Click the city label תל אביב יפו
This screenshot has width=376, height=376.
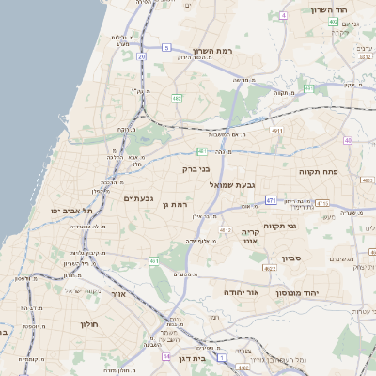pos(64,211)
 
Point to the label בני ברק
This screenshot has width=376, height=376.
pos(196,169)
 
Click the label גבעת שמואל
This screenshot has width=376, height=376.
pos(242,184)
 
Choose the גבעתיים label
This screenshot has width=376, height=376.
pos(138,198)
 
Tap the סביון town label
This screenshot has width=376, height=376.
pos(291,256)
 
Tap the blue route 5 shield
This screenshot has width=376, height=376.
pos(166,46)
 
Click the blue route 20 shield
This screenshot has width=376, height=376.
pos(142,56)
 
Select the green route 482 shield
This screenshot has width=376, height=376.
pos(177,98)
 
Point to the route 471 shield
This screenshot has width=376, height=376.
pos(271,199)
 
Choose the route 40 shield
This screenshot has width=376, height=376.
pos(348,140)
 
